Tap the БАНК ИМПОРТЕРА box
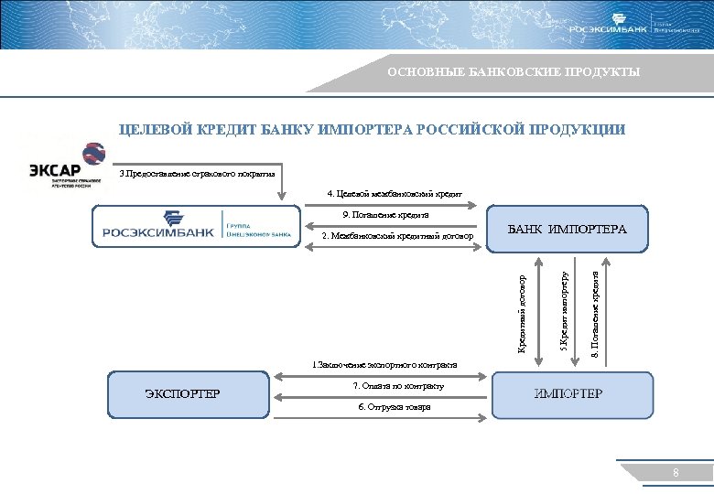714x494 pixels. click(x=568, y=229)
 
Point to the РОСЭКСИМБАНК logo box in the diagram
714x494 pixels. click(x=196, y=226)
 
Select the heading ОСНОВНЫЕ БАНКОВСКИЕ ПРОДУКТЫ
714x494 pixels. click(x=514, y=72)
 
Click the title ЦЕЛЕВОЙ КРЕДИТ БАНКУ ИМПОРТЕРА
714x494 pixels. click(x=373, y=130)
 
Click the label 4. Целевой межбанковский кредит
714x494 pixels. click(x=395, y=193)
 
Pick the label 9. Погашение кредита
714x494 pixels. click(x=384, y=215)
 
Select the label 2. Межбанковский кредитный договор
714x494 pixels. click(x=397, y=237)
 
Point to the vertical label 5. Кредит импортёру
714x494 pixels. click(x=565, y=309)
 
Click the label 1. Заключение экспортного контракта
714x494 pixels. click(x=384, y=365)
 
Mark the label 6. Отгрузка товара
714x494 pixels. click(x=394, y=407)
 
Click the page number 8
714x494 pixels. click(x=676, y=473)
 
